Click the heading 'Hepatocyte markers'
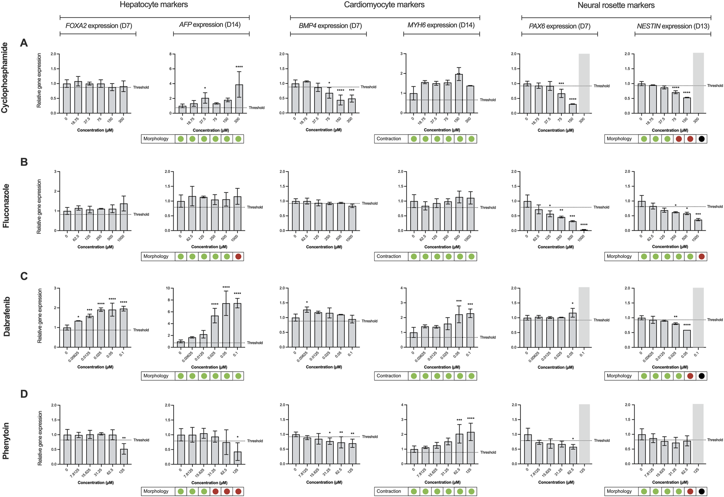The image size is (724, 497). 154,5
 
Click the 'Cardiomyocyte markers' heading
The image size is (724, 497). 384,5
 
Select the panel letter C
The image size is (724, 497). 24,276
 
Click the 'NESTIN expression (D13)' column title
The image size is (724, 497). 673,26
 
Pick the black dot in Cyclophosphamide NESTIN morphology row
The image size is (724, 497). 702,139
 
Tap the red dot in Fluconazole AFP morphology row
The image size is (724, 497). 239,256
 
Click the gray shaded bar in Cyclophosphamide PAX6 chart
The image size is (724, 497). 584,83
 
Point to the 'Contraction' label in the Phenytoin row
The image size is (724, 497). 389,491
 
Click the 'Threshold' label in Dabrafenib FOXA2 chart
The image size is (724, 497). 141,330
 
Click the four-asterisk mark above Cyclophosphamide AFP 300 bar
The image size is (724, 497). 239,67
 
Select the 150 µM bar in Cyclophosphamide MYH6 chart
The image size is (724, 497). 459,94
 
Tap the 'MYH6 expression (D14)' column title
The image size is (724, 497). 441,25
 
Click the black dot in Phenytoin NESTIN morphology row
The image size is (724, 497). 702,491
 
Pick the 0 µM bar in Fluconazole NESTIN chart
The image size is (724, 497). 641,216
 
